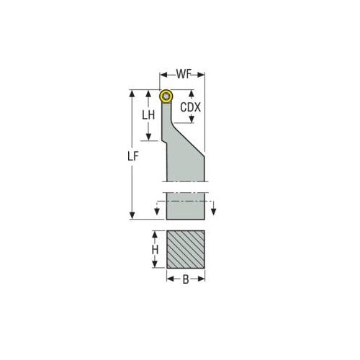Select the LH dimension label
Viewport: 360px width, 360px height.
click(148, 114)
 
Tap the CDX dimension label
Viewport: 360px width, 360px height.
click(190, 107)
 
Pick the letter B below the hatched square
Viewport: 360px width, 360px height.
click(186, 281)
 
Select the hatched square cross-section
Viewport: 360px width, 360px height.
click(186, 250)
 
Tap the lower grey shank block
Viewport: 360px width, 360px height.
click(186, 206)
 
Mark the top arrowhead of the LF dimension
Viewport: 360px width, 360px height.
click(132, 93)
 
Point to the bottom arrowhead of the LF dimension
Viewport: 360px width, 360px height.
click(132, 216)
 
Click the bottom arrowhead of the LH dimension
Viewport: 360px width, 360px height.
click(148, 138)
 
